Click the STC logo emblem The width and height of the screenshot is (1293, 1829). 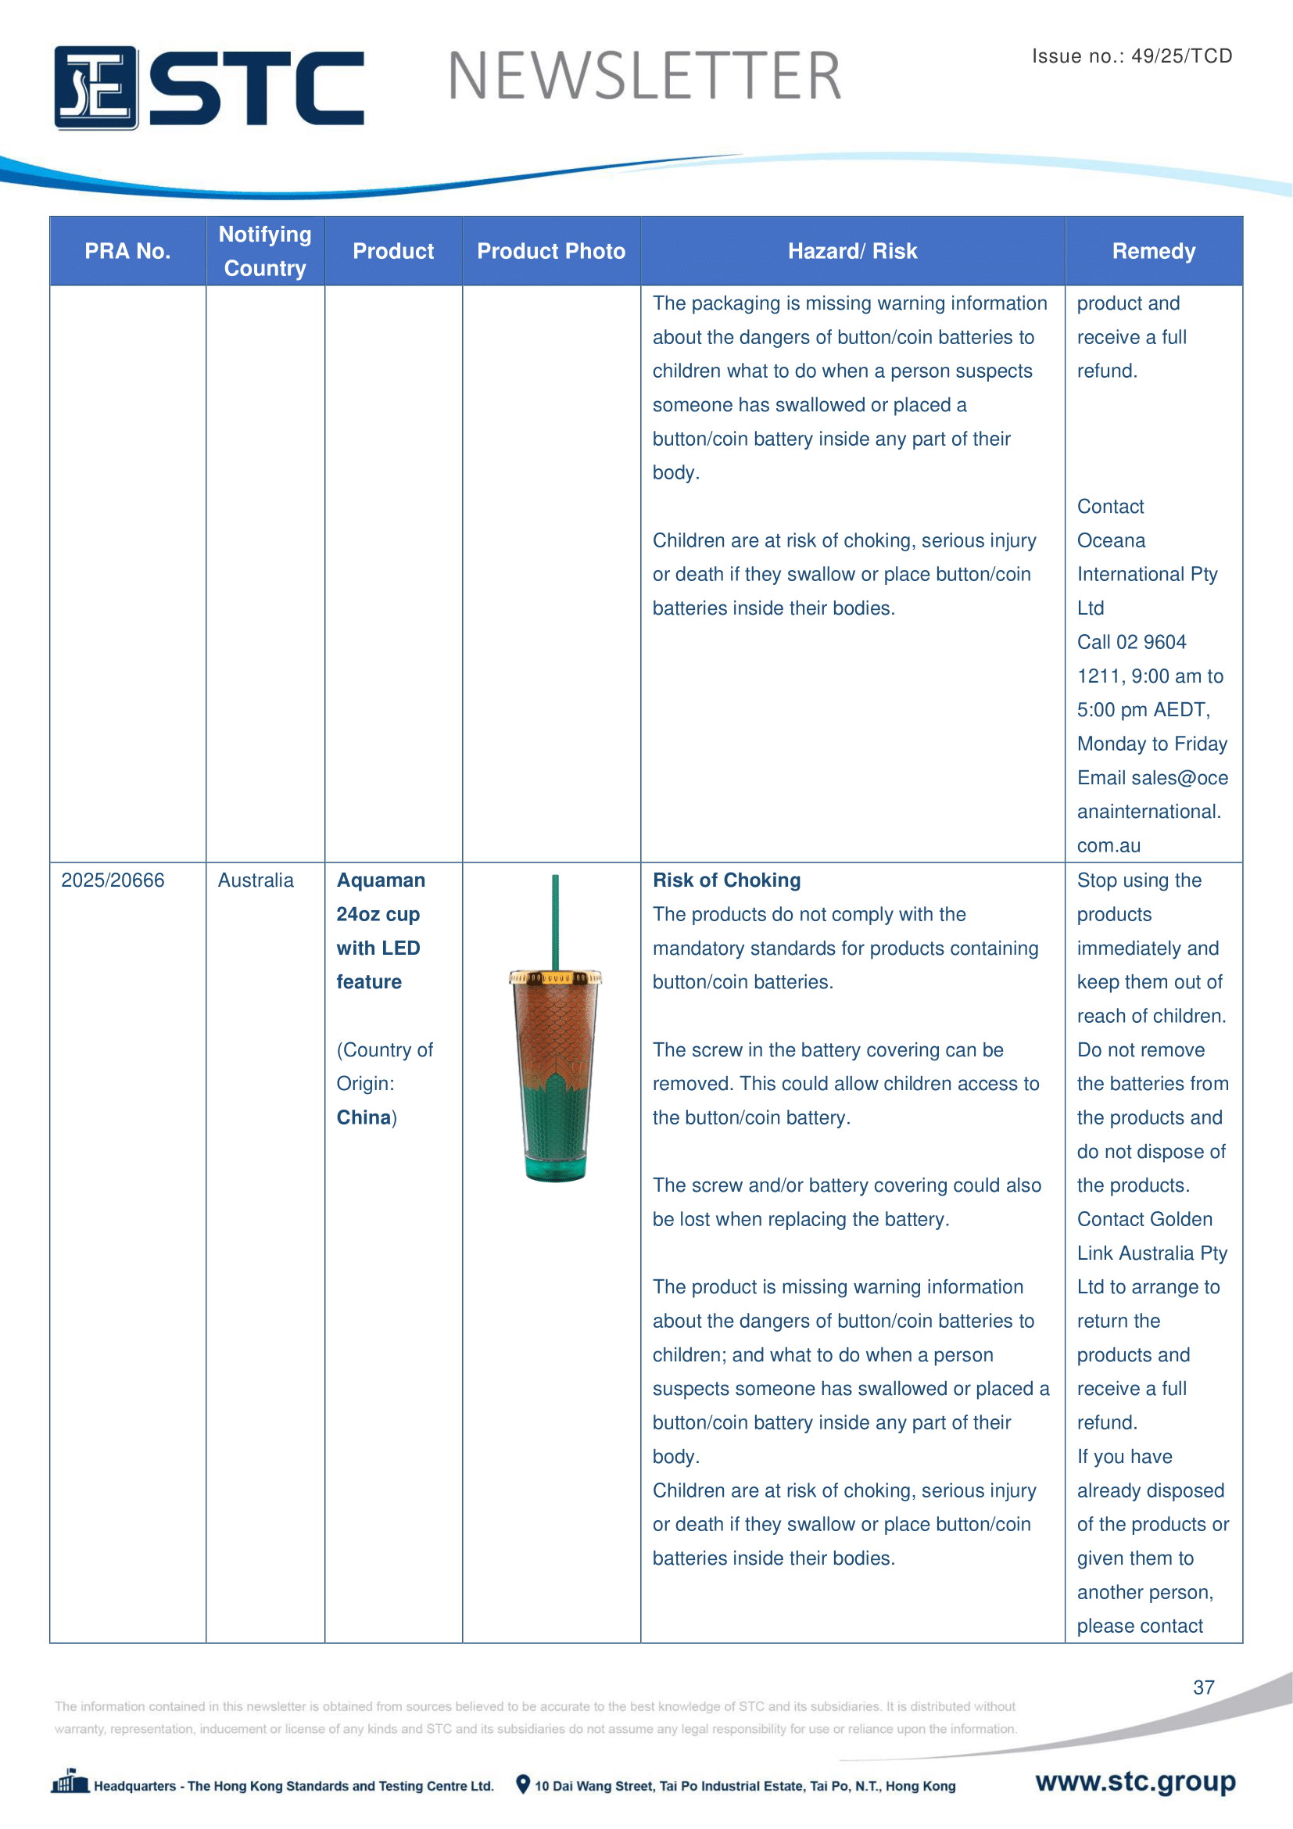tap(96, 88)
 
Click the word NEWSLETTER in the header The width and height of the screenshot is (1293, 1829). tap(644, 77)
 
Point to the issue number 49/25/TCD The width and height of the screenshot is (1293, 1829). tap(1180, 56)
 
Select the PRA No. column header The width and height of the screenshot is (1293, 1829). tap(127, 251)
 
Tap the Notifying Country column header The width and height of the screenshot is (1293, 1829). tap(265, 251)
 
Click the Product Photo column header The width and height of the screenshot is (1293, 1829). tap(551, 251)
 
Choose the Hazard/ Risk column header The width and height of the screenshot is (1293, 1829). tap(852, 251)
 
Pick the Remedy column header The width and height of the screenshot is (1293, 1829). tap(1153, 251)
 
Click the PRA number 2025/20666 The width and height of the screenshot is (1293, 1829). tap(113, 880)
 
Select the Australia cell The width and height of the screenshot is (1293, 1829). tap(256, 880)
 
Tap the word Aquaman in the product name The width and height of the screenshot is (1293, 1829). tap(381, 880)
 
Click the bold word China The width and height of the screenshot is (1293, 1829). tap(363, 1117)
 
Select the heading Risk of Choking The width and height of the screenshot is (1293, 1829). tap(726, 880)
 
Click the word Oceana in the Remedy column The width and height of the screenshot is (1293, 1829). tap(1111, 541)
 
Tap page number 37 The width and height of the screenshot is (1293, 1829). tap(1203, 1687)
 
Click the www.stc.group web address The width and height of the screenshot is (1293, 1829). tap(1135, 1781)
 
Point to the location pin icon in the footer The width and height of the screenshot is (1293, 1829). tap(523, 1784)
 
